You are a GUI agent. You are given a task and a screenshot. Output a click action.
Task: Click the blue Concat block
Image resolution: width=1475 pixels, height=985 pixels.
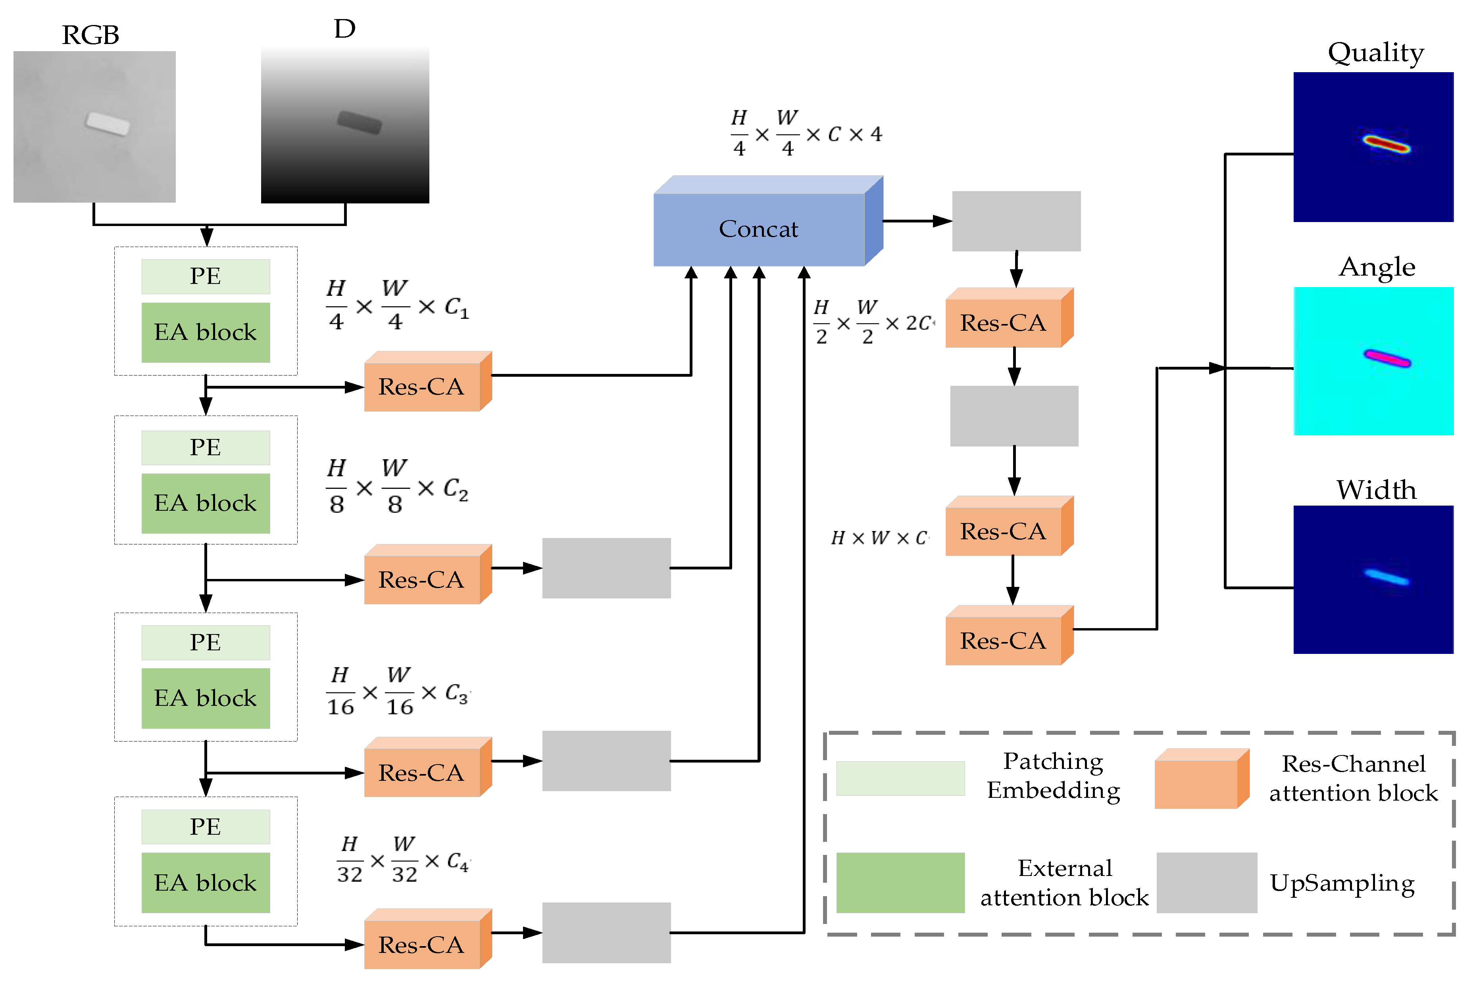[759, 229]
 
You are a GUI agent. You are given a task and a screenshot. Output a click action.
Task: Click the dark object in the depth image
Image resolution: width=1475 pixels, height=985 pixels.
[359, 122]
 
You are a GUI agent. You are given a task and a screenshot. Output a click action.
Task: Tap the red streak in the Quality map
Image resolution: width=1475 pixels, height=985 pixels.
[1386, 144]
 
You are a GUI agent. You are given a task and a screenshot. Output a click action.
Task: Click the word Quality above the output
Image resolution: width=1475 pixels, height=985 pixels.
[1375, 53]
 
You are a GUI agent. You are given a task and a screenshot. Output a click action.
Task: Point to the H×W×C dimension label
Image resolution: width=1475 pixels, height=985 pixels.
[879, 538]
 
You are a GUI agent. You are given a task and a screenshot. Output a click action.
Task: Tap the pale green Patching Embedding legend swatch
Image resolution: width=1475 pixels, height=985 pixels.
[900, 778]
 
